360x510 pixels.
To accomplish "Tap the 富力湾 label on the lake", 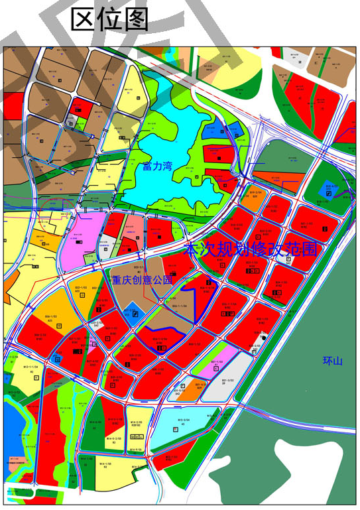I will (x=157, y=166).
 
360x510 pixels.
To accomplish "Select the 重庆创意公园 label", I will (x=142, y=280).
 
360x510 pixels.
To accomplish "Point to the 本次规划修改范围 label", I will (x=251, y=250).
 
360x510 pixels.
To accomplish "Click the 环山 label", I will (x=332, y=361).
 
